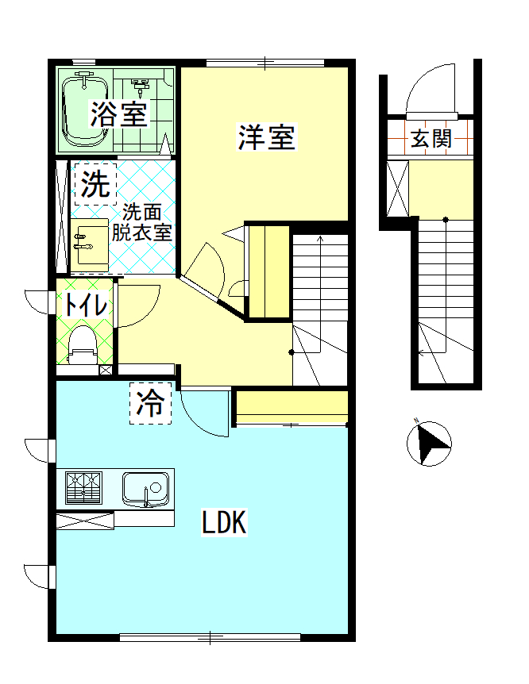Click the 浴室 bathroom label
click(118, 114)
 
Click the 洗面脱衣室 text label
click(142, 223)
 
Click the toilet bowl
click(83, 344)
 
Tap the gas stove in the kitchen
click(83, 487)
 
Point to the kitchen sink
click(147, 486)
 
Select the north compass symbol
click(429, 443)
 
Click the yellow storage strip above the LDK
click(292, 405)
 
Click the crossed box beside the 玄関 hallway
click(396, 188)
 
